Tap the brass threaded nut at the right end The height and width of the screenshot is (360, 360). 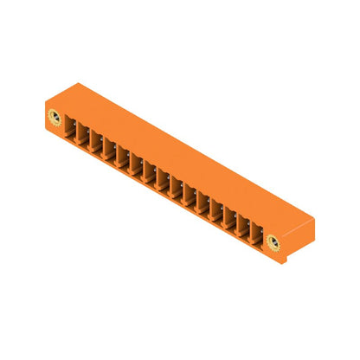click(x=273, y=241)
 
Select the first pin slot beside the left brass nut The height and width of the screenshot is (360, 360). click(x=71, y=131)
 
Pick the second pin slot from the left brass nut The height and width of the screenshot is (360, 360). click(x=84, y=138)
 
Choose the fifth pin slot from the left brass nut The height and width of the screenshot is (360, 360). click(x=123, y=161)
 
